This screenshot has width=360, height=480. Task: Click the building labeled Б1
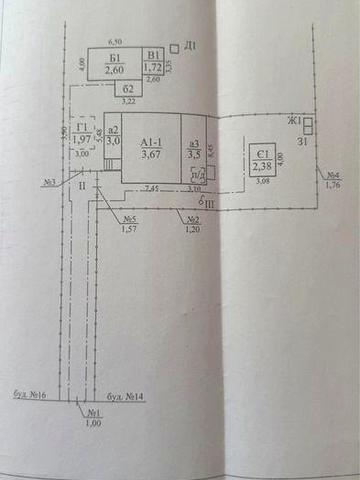(112, 64)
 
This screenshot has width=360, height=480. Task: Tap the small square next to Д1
(176, 46)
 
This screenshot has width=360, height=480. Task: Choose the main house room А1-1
(151, 149)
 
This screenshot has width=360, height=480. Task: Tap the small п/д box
(197, 171)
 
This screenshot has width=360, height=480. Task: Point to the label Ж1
(295, 122)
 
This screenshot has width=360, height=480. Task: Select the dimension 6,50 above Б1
(115, 41)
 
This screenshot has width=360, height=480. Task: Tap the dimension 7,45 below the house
(151, 188)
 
